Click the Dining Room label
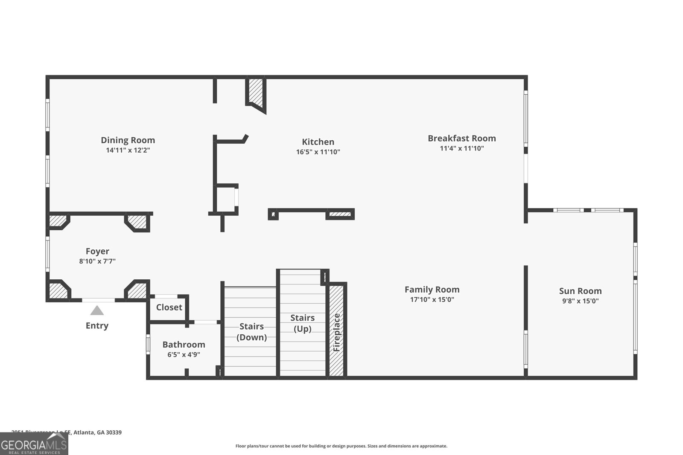click(x=128, y=140)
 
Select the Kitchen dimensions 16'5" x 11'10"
click(x=318, y=152)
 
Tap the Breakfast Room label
click(x=461, y=138)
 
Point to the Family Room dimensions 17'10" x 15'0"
click(x=432, y=299)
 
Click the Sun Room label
click(x=580, y=291)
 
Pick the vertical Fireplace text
click(x=337, y=332)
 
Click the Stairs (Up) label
click(x=302, y=323)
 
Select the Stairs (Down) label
click(x=251, y=331)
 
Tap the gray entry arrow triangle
click(x=97, y=310)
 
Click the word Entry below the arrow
click(x=97, y=325)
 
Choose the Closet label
click(x=169, y=307)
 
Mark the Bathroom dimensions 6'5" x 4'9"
click(x=184, y=354)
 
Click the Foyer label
click(x=97, y=251)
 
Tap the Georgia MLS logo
click(x=34, y=443)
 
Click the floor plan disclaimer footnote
click(x=341, y=446)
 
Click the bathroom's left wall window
click(x=148, y=344)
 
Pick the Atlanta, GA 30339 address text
click(x=97, y=432)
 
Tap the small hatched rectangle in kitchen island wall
click(x=340, y=214)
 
